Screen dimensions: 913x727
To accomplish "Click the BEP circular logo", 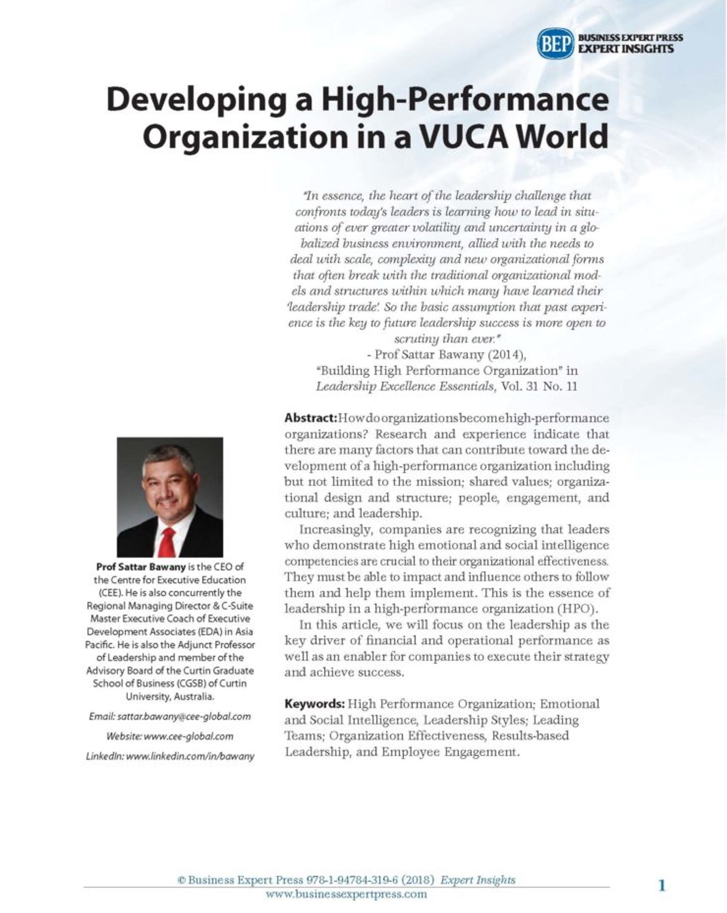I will point(555,43).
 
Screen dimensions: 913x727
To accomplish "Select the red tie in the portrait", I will point(166,542).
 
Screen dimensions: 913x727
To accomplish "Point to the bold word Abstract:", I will point(310,418).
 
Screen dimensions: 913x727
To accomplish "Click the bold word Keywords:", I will point(314,704).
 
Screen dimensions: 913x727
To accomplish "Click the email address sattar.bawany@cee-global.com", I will point(184,717).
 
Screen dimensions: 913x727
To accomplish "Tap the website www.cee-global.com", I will point(188,736).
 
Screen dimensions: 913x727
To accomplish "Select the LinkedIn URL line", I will point(170,756).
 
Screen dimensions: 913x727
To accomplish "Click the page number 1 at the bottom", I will point(661,885).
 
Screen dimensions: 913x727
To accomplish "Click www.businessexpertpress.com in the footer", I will point(346,894).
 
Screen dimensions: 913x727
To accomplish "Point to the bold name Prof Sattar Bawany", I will point(140,567).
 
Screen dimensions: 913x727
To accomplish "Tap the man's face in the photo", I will point(169,482).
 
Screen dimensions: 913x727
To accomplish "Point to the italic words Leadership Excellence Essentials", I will point(405,387).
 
